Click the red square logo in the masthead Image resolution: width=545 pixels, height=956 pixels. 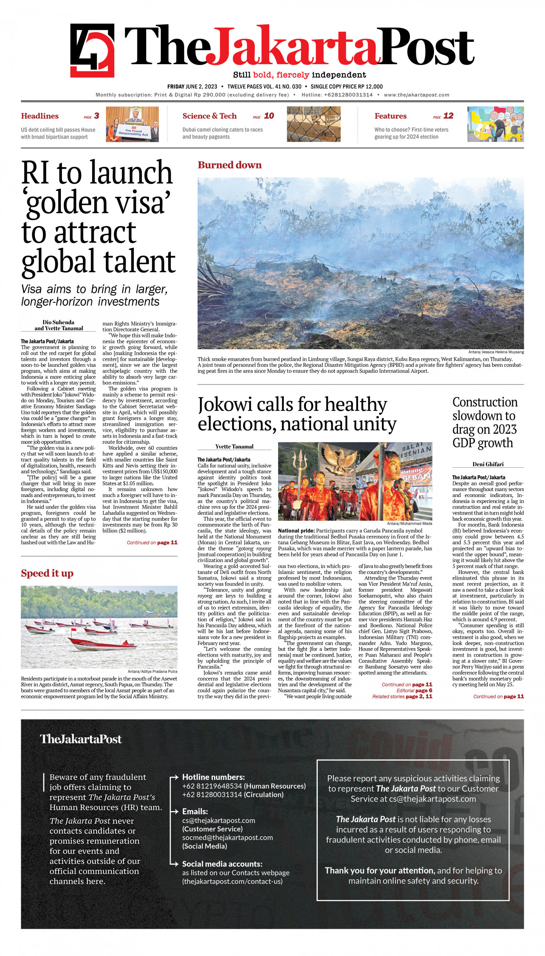click(x=92, y=50)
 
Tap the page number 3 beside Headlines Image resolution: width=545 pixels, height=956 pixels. click(x=97, y=116)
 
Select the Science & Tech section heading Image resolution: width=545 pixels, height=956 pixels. click(x=209, y=116)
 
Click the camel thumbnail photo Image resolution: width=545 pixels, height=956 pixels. click(x=313, y=124)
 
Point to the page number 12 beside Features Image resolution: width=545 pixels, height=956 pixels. click(x=448, y=116)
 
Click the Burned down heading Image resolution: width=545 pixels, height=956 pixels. click(x=230, y=165)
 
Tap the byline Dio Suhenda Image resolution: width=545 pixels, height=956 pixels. click(x=59, y=322)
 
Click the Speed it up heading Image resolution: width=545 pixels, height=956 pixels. click(x=47, y=573)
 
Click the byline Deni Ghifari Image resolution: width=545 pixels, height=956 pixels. click(x=488, y=464)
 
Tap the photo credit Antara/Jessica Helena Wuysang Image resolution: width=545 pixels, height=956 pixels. click(x=496, y=352)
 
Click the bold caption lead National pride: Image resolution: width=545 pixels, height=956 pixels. click(x=296, y=531)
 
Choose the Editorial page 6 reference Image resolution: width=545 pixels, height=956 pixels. click(x=414, y=690)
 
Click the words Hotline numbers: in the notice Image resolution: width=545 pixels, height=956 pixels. click(x=213, y=777)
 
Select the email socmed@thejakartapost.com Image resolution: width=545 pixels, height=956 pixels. click(x=227, y=837)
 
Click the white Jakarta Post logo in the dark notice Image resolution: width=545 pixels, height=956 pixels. click(x=81, y=739)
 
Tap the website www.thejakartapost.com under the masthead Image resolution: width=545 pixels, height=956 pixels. click(x=416, y=95)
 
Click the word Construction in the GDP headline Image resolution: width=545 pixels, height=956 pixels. click(x=485, y=402)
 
